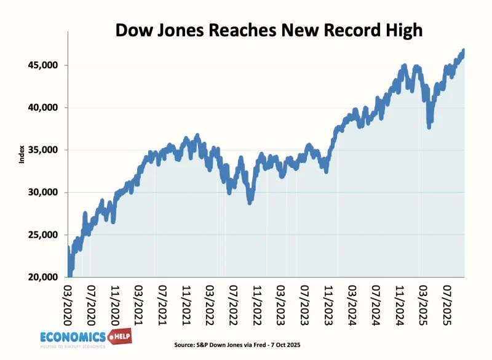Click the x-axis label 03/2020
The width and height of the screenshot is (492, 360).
click(68, 302)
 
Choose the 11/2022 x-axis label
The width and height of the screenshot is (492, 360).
click(258, 302)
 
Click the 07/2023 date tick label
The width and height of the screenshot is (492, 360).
click(305, 302)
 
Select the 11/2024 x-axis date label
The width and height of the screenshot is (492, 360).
click(399, 302)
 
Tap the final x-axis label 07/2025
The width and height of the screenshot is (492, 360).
click(446, 302)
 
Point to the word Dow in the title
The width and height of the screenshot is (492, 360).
click(134, 29)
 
